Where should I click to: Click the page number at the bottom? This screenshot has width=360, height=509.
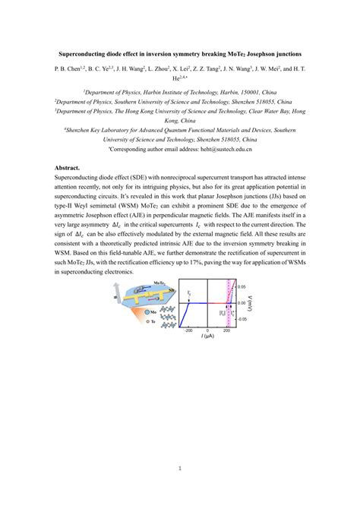[x=180, y=468]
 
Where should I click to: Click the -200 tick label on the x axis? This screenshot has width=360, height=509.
[x=189, y=330]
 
